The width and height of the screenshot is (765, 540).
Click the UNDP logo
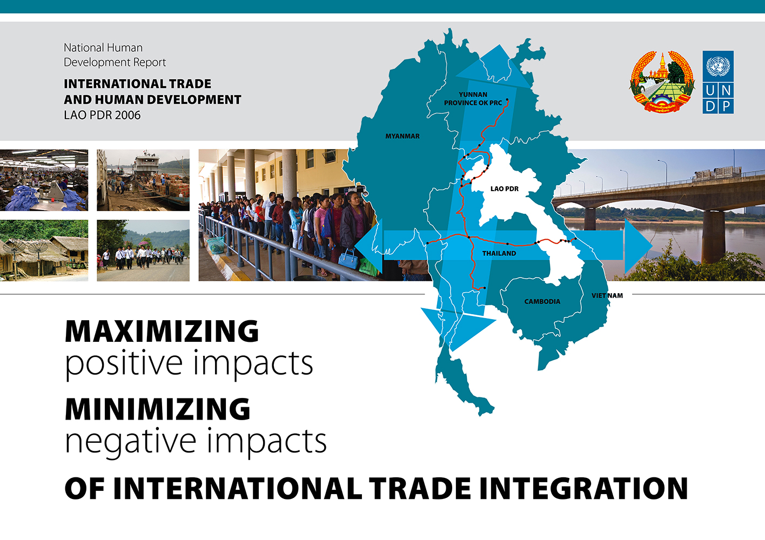coord(718,82)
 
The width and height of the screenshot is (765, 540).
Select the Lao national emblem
coord(661,82)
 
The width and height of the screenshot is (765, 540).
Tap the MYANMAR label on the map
coord(402,136)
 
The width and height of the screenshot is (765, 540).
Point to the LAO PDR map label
coord(505,189)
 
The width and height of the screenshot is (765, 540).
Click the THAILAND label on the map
coord(499,253)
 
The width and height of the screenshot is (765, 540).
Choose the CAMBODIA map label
coord(542,301)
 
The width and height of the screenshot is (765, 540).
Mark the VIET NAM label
coord(607,295)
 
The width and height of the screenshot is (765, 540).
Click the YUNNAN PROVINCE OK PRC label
coord(473,99)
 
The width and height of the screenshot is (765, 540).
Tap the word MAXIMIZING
coord(162,331)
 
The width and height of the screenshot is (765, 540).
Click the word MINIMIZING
coord(157,409)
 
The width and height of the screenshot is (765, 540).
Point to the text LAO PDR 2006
coord(102,115)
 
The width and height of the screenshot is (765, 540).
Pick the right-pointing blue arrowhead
coord(638,246)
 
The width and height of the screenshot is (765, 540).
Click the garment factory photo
coord(44,180)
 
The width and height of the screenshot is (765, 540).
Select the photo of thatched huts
coord(44,251)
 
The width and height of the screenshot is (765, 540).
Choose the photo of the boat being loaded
coord(143,180)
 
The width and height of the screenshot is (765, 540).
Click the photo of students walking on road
coord(143,251)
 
